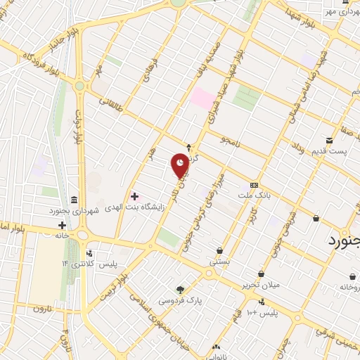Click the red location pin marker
click(x=181, y=165)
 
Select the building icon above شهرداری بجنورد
click(x=75, y=199)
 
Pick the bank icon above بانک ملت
click(x=254, y=184)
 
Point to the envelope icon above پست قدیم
click(x=329, y=141)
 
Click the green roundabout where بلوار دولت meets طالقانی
click(x=79, y=86)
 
